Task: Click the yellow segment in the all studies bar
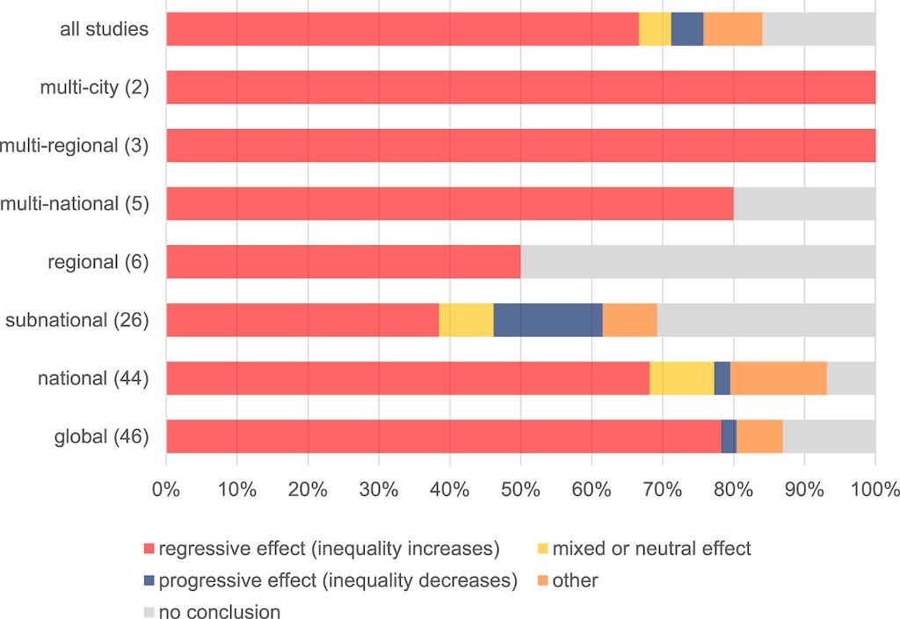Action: (x=655, y=29)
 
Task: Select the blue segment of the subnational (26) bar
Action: (x=548, y=320)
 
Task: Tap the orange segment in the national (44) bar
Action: (x=778, y=378)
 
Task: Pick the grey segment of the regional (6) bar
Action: (x=698, y=262)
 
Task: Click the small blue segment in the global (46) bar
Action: (x=729, y=436)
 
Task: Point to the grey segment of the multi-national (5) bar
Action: (x=804, y=204)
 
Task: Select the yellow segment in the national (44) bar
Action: (x=681, y=378)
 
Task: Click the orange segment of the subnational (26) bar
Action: (x=629, y=320)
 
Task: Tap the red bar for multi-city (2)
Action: (x=520, y=87)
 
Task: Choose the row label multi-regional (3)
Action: (x=74, y=146)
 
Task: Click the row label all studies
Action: (x=104, y=30)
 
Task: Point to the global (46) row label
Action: (x=99, y=437)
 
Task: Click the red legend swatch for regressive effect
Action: (x=149, y=550)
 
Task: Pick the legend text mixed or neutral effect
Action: (x=651, y=550)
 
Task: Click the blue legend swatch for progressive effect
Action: (x=149, y=580)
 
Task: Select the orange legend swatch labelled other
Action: (x=542, y=580)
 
